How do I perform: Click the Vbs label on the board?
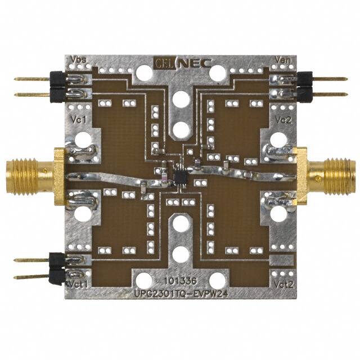pyautogui.click(x=78, y=60)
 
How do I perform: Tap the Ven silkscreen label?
pyautogui.click(x=283, y=60)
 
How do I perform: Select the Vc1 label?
pyautogui.click(x=79, y=120)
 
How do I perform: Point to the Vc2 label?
pyautogui.click(x=283, y=120)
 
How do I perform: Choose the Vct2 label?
pyautogui.click(x=283, y=285)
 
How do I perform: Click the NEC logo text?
pyautogui.click(x=195, y=63)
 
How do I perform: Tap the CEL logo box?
pyautogui.click(x=165, y=62)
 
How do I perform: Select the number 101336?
pyautogui.click(x=180, y=281)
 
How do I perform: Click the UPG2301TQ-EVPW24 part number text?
pyautogui.click(x=181, y=294)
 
